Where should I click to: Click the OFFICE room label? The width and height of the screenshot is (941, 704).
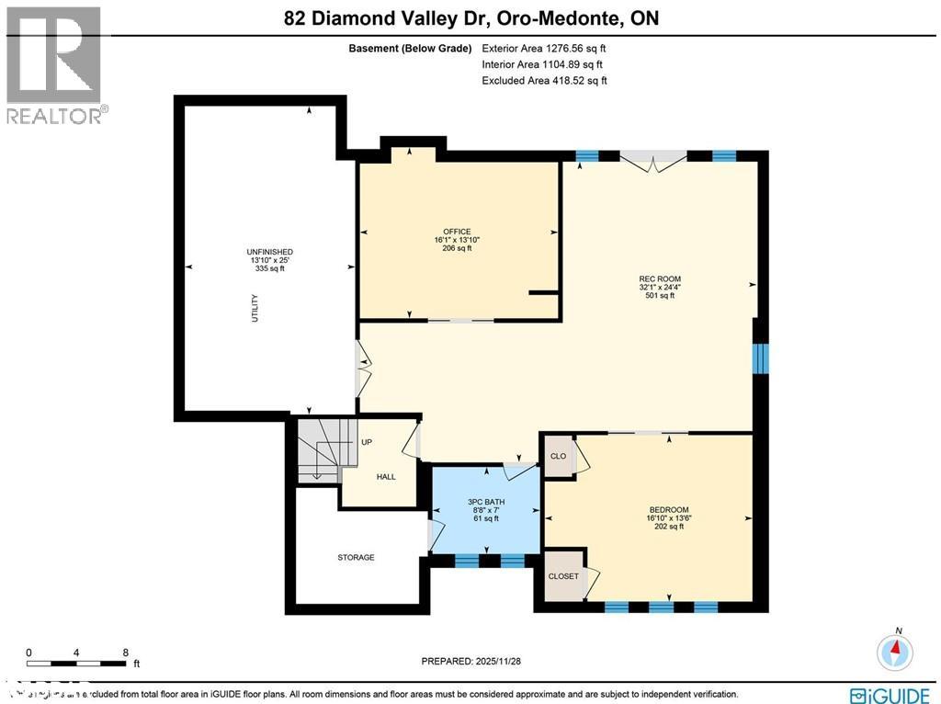point(457,232)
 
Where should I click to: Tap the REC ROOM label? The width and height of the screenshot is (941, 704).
point(660,278)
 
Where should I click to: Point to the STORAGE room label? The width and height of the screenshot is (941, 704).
point(355,557)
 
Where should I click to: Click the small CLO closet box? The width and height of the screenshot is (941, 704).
point(558,457)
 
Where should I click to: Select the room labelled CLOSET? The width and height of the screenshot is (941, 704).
point(563,576)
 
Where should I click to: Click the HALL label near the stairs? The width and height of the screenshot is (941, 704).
point(386,476)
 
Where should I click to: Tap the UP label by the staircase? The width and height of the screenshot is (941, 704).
point(366,442)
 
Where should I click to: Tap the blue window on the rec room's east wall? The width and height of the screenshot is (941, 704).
point(760,358)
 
